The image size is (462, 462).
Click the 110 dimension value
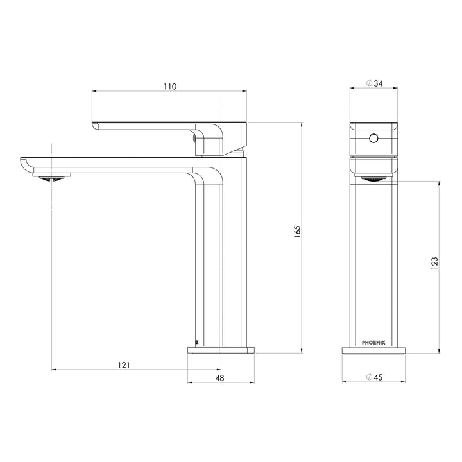click(x=169, y=86)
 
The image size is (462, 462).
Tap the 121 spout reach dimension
click(x=124, y=364)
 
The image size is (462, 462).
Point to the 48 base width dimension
click(x=219, y=379)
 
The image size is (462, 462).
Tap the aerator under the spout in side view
click(x=51, y=178)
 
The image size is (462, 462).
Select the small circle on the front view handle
click(x=373, y=138)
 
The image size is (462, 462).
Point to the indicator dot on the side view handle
click(x=195, y=136)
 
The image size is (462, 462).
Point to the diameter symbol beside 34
click(x=368, y=83)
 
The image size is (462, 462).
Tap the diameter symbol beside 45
click(x=368, y=377)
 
